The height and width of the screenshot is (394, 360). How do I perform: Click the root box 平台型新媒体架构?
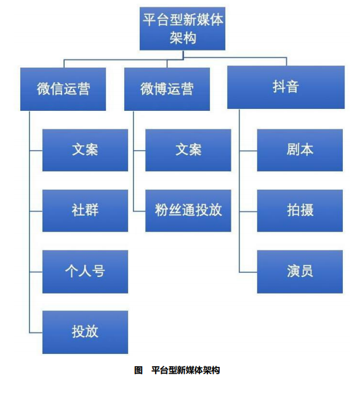coord(182,29)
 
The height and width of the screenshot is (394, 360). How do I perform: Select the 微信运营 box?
coord(63,89)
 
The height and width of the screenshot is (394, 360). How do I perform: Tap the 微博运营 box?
coord(167,89)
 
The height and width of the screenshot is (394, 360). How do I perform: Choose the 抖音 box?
coord(286,87)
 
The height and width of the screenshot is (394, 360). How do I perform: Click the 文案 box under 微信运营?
coord(85,150)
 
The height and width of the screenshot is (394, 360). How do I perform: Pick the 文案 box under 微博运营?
coord(188,150)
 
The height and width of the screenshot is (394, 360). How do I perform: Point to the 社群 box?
coord(85,211)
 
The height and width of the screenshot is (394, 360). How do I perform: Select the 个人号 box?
coord(85,271)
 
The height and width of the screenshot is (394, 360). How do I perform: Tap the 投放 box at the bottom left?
coord(85,332)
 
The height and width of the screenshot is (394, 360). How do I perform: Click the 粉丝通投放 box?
coord(188,211)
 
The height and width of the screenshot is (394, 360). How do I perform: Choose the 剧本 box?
coord(300,150)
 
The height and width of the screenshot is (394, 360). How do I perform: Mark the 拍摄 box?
coord(300,211)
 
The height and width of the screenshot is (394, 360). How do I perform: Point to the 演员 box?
coord(300,271)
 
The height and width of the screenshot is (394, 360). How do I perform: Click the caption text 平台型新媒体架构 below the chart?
coord(186,370)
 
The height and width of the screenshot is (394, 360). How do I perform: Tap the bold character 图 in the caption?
coord(138,370)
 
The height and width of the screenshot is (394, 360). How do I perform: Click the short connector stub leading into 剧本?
coord(248,151)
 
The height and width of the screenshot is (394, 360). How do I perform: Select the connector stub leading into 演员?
coord(248,272)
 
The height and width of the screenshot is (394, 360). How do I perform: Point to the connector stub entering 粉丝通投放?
coord(140,211)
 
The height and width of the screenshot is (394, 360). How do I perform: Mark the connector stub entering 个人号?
coord(36,272)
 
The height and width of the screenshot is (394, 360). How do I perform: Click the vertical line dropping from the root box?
coord(183,55)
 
